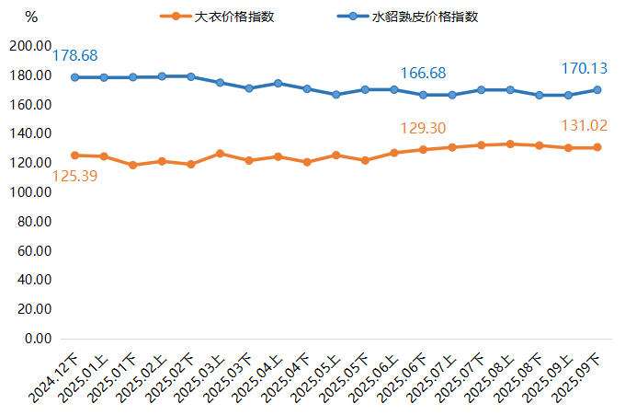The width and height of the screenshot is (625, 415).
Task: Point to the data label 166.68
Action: [425, 72]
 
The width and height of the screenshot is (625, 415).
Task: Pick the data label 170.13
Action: [585, 68]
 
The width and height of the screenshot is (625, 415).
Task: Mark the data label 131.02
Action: [585, 126]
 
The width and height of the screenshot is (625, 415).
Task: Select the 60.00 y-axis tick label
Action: [31, 251]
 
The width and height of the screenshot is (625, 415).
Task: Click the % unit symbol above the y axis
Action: [31, 17]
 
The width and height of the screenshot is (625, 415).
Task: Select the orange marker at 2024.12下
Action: [74, 156]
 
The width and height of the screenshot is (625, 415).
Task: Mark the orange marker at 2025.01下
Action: [132, 166]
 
